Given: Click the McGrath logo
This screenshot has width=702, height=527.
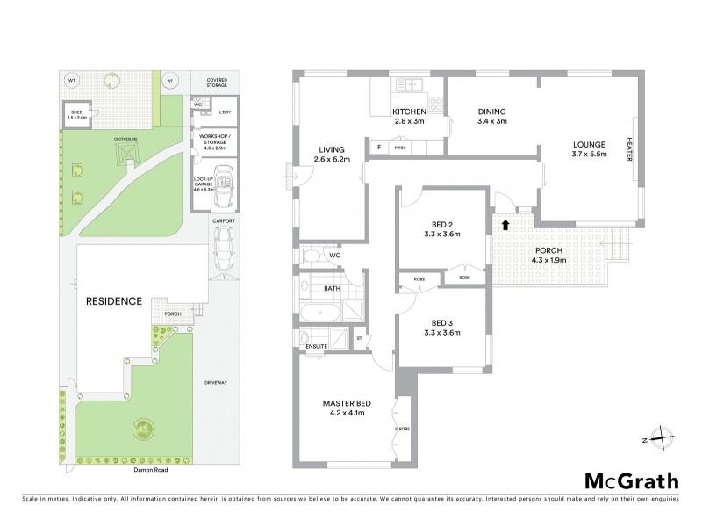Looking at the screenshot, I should pos(631,480).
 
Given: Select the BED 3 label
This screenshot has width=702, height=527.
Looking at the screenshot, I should pos(441,327).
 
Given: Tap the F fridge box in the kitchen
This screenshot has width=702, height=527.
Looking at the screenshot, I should pos(378,148).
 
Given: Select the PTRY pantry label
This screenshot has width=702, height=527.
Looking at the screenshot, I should pos(399,148).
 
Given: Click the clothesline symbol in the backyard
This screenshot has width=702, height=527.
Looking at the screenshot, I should pos(127,155).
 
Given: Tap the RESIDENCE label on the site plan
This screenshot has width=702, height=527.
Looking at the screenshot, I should pos(114,301).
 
